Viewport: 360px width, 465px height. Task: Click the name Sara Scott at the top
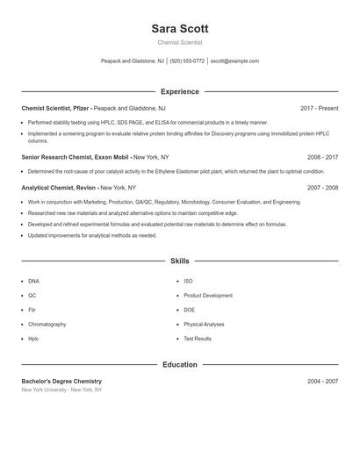179,29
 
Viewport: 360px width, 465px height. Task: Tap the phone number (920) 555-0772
187,61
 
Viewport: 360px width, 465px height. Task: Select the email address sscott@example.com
234,61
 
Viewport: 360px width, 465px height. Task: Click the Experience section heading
179,91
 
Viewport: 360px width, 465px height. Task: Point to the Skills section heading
179,261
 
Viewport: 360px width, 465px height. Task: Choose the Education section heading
179,364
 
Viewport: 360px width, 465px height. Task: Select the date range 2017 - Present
319,108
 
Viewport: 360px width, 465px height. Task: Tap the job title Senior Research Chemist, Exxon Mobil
76,157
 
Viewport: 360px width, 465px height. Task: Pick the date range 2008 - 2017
322,157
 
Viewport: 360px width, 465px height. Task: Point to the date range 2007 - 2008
322,188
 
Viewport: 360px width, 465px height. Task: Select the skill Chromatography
47,324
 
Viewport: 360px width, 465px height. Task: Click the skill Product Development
208,296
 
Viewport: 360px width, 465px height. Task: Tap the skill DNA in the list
33,281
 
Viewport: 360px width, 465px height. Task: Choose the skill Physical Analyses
204,324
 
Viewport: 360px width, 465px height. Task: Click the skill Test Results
198,339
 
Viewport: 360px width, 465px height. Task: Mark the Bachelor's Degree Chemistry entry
61,382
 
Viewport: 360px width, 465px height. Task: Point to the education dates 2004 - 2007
322,382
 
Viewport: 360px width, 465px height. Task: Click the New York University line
61,390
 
